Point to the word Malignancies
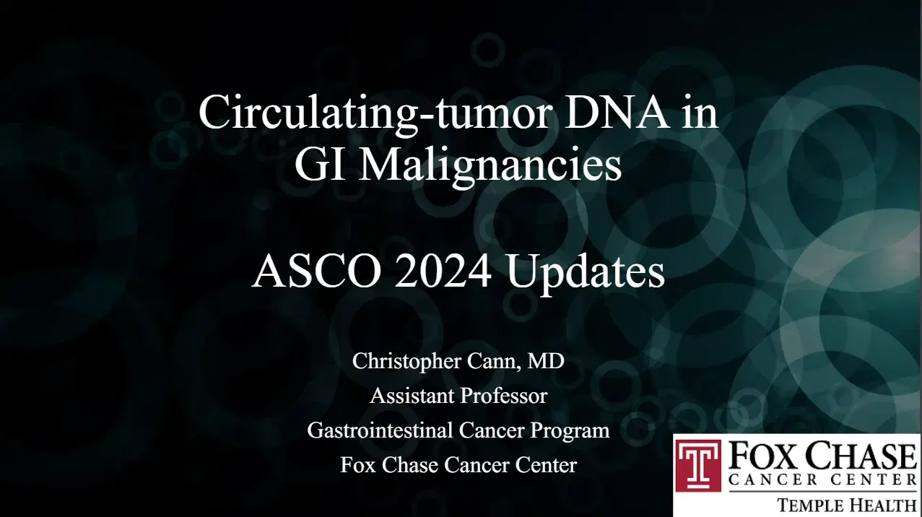490,166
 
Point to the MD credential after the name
547,361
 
